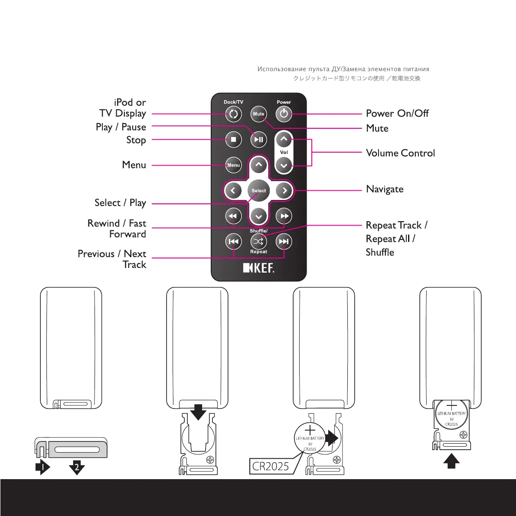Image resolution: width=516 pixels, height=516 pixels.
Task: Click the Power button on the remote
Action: click(284, 114)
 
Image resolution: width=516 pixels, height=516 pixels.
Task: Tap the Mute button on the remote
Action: click(258, 114)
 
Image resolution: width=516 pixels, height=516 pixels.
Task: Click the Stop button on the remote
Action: click(233, 140)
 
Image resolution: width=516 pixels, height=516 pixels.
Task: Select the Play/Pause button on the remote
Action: click(258, 140)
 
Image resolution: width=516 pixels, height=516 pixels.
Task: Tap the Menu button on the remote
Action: click(233, 165)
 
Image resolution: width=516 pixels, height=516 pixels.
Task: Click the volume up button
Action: click(284, 140)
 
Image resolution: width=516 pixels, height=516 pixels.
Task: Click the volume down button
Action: click(284, 165)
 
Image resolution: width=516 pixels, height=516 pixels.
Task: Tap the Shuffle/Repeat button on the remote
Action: click(258, 242)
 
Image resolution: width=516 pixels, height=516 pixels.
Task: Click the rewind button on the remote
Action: click(233, 216)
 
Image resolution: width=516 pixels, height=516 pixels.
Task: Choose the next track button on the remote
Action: click(284, 242)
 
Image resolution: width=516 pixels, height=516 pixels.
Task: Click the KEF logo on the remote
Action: click(258, 268)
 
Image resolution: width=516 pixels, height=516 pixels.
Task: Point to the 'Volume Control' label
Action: click(400, 153)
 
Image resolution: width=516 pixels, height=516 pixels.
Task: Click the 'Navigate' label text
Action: click(385, 189)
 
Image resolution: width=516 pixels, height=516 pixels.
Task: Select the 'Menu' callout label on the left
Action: click(134, 165)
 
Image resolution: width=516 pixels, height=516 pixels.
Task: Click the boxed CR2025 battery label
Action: click(271, 466)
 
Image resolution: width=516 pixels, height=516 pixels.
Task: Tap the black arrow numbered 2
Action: click(77, 467)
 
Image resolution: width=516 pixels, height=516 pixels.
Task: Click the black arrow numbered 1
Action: click(42, 467)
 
